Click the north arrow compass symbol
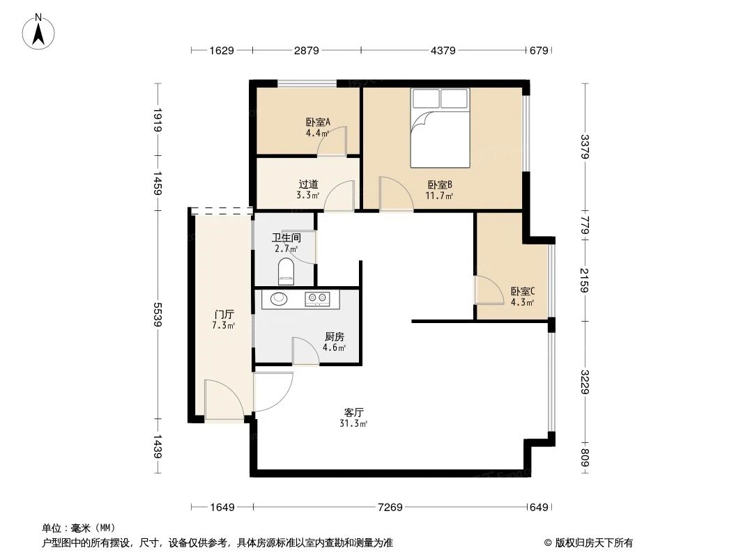click(39, 31)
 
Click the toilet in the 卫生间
click(286, 271)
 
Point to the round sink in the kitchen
click(278, 299)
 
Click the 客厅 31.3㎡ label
click(354, 416)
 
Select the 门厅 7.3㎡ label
click(223, 320)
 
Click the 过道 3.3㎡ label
click(308, 189)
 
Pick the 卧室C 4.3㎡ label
click(522, 297)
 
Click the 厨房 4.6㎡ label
click(335, 341)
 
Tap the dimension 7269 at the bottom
click(390, 508)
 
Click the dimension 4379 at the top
click(443, 50)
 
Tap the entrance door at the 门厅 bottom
click(223, 400)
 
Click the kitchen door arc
click(305, 350)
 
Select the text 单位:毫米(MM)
click(78, 528)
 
